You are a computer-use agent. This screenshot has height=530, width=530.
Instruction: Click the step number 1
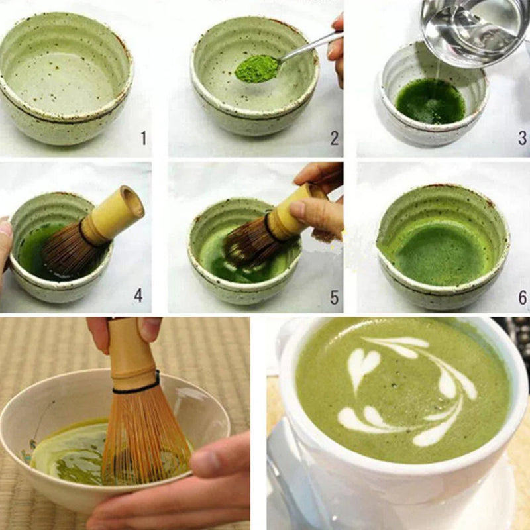click(143, 138)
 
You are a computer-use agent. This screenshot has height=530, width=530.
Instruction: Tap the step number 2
click(334, 138)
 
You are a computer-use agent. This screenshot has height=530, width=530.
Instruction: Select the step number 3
click(522, 138)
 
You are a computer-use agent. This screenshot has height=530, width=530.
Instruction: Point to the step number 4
click(138, 295)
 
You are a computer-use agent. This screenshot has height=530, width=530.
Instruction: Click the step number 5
click(334, 297)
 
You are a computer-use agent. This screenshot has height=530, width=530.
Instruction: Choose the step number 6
click(522, 297)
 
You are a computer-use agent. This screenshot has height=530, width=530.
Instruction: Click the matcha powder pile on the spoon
click(257, 68)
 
